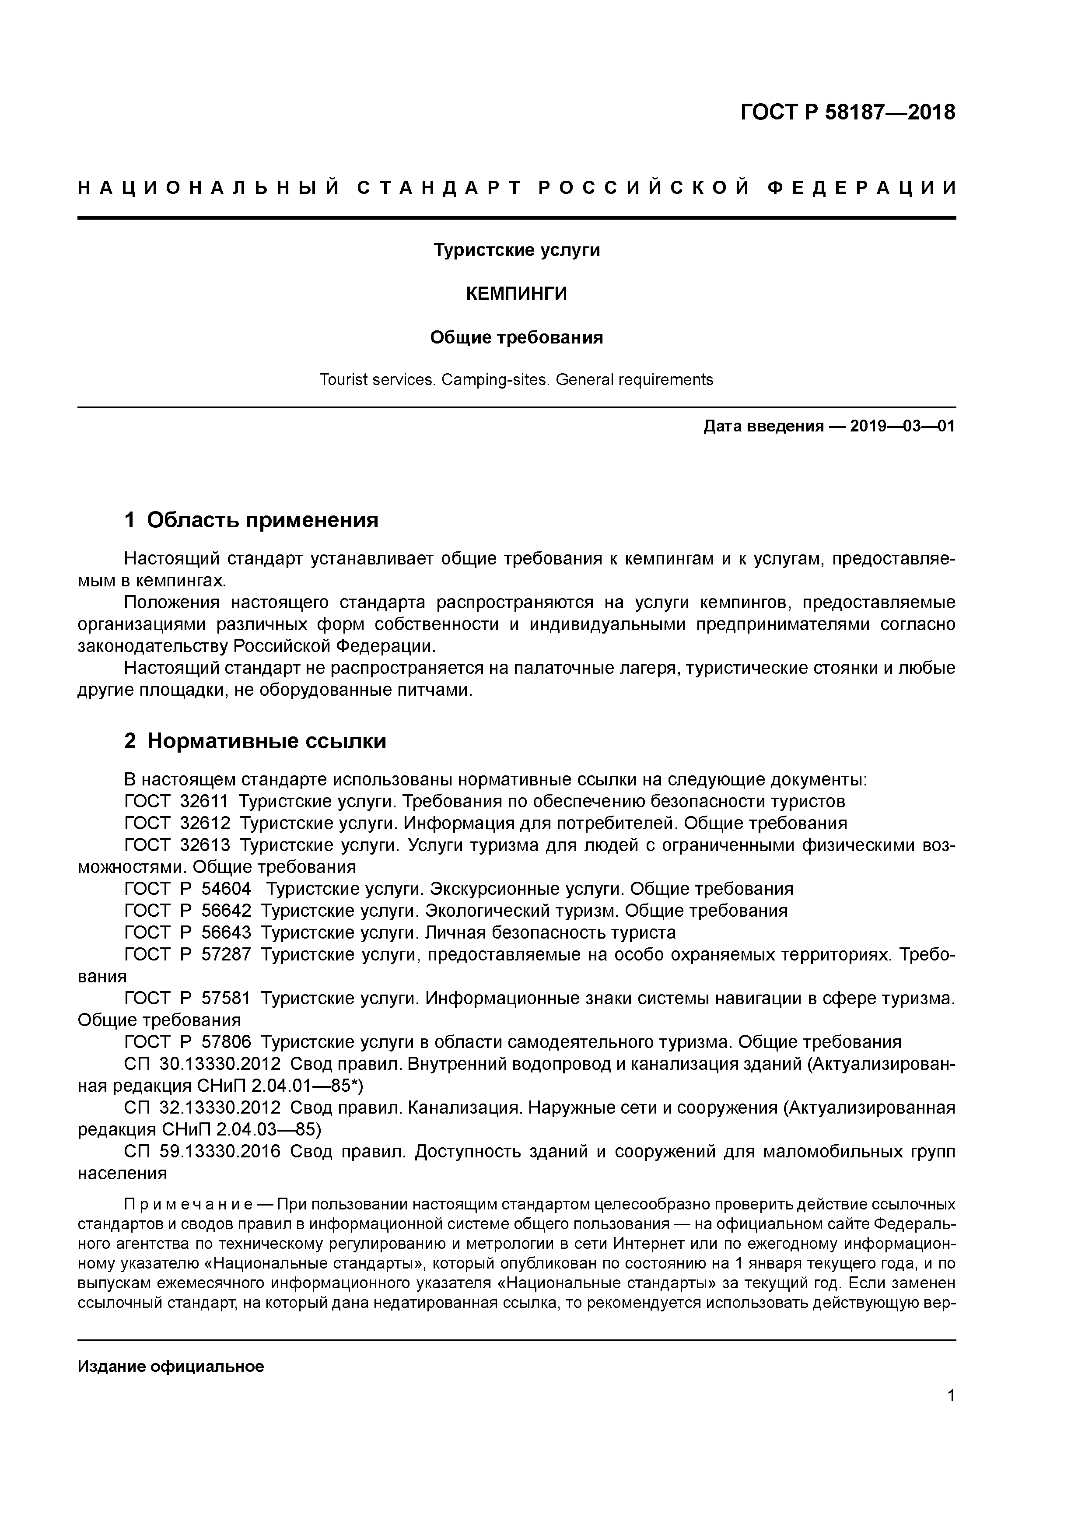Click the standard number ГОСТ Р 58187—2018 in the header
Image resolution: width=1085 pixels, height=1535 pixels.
pyautogui.click(x=848, y=112)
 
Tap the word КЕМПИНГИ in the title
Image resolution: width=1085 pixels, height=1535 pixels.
pyautogui.click(x=516, y=294)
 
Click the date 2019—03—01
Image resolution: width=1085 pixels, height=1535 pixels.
pyautogui.click(x=903, y=426)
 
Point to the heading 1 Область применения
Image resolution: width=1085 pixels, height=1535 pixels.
pyautogui.click(x=252, y=519)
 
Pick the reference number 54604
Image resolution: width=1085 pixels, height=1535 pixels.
pyautogui.click(x=226, y=889)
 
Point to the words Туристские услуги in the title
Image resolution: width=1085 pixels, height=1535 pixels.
pyautogui.click(x=516, y=250)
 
